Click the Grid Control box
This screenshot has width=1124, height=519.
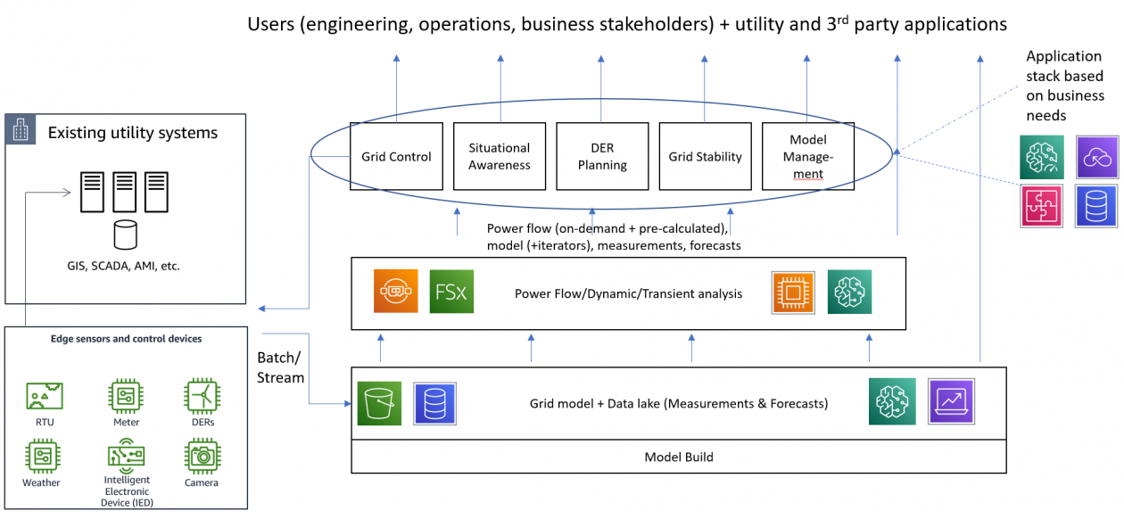[396, 156]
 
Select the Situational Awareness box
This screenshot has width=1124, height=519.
[499, 156]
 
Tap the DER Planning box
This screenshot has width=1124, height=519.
[602, 156]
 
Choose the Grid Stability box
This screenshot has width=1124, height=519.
[705, 156]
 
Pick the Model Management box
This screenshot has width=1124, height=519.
[808, 156]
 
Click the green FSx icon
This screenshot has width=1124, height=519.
[451, 292]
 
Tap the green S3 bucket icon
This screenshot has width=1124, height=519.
[379, 403]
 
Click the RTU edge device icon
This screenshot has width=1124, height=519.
[45, 395]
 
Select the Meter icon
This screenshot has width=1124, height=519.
[126, 395]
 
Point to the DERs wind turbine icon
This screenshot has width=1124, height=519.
[202, 395]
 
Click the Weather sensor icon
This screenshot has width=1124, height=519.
[41, 456]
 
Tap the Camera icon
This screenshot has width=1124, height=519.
[202, 456]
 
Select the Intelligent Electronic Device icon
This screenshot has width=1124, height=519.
[126, 456]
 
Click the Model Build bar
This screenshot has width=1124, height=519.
[679, 457]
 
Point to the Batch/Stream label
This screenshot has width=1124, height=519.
[281, 367]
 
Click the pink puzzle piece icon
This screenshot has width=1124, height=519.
[1043, 204]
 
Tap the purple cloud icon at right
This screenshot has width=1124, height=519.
[1097, 158]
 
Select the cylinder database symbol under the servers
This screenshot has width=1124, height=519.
[126, 235]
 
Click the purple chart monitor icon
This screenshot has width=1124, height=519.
[951, 401]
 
